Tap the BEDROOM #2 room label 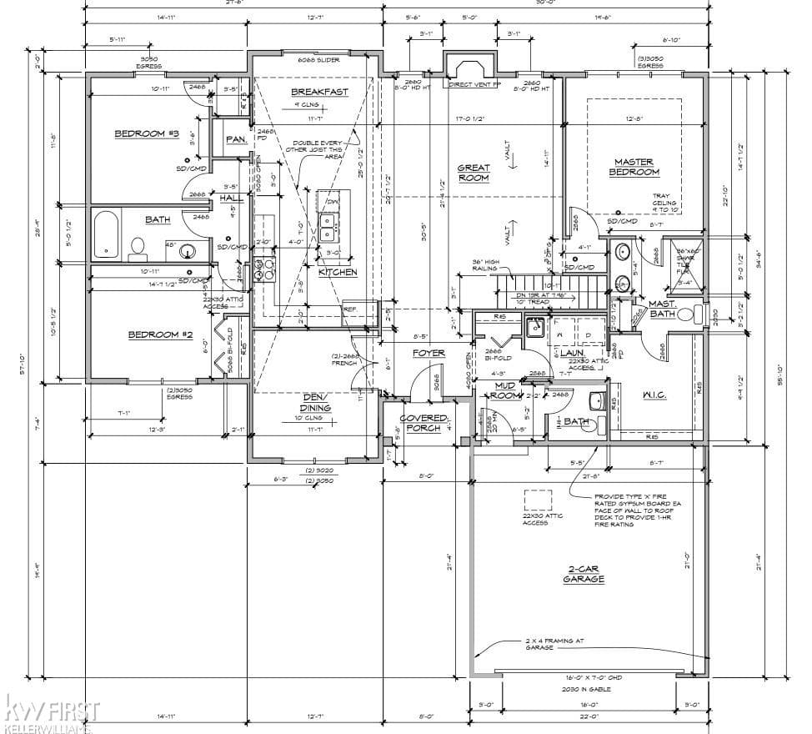click(x=160, y=335)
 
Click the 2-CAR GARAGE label click(x=584, y=574)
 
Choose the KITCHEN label click(x=337, y=272)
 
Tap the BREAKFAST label click(x=319, y=92)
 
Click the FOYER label click(x=429, y=354)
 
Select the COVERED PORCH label click(x=424, y=424)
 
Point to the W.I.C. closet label click(x=654, y=395)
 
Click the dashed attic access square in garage click(x=538, y=500)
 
